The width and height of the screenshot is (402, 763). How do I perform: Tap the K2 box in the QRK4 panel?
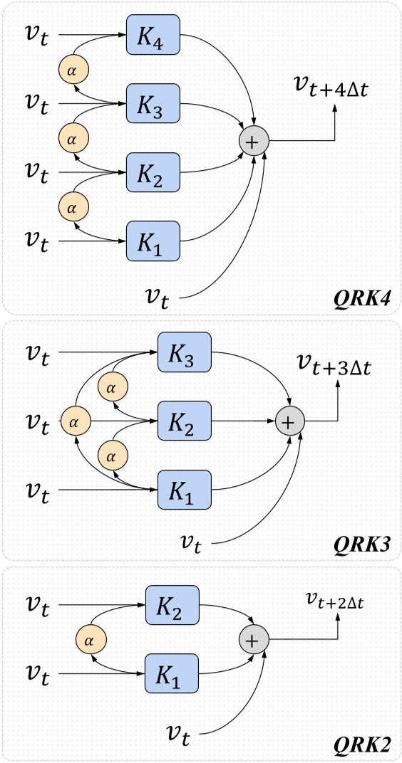point(153,172)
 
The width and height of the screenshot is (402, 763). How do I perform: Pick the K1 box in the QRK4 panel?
point(153,241)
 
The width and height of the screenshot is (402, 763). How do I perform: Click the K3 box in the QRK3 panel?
point(185,352)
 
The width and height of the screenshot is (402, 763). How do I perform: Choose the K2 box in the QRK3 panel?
point(185,421)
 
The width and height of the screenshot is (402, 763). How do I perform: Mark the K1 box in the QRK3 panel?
point(185,489)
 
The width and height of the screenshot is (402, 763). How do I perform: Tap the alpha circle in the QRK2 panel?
point(90,640)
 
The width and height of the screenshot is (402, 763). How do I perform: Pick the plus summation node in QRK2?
point(252,640)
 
